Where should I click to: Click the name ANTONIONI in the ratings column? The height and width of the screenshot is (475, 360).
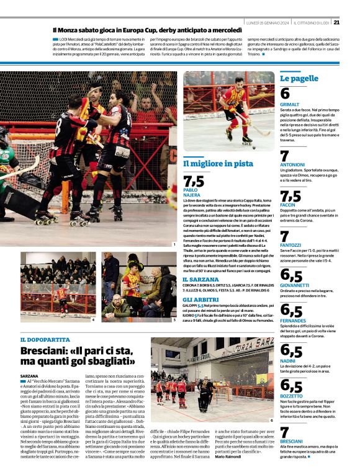tap(292, 164)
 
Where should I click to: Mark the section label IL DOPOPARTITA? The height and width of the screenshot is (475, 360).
tap(45, 340)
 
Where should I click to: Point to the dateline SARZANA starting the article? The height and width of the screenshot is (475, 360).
tap(29, 376)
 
